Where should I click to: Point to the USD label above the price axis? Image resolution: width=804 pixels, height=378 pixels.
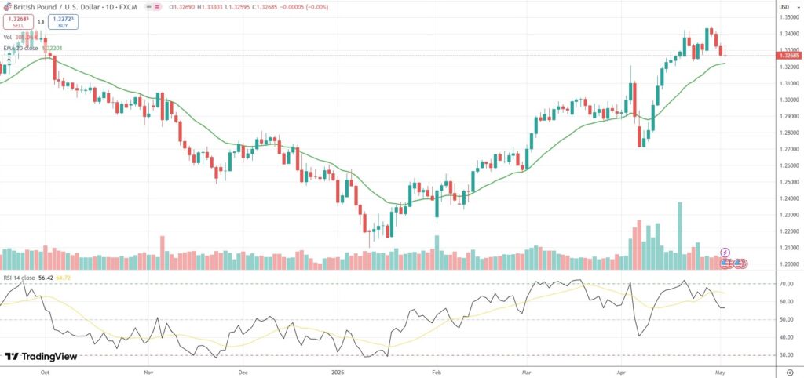click(784, 7)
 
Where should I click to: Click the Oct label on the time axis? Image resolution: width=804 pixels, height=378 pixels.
click(46, 368)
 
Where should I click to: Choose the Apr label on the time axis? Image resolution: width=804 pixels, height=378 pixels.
click(622, 368)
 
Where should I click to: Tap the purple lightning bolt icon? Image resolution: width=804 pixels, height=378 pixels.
click(725, 253)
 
